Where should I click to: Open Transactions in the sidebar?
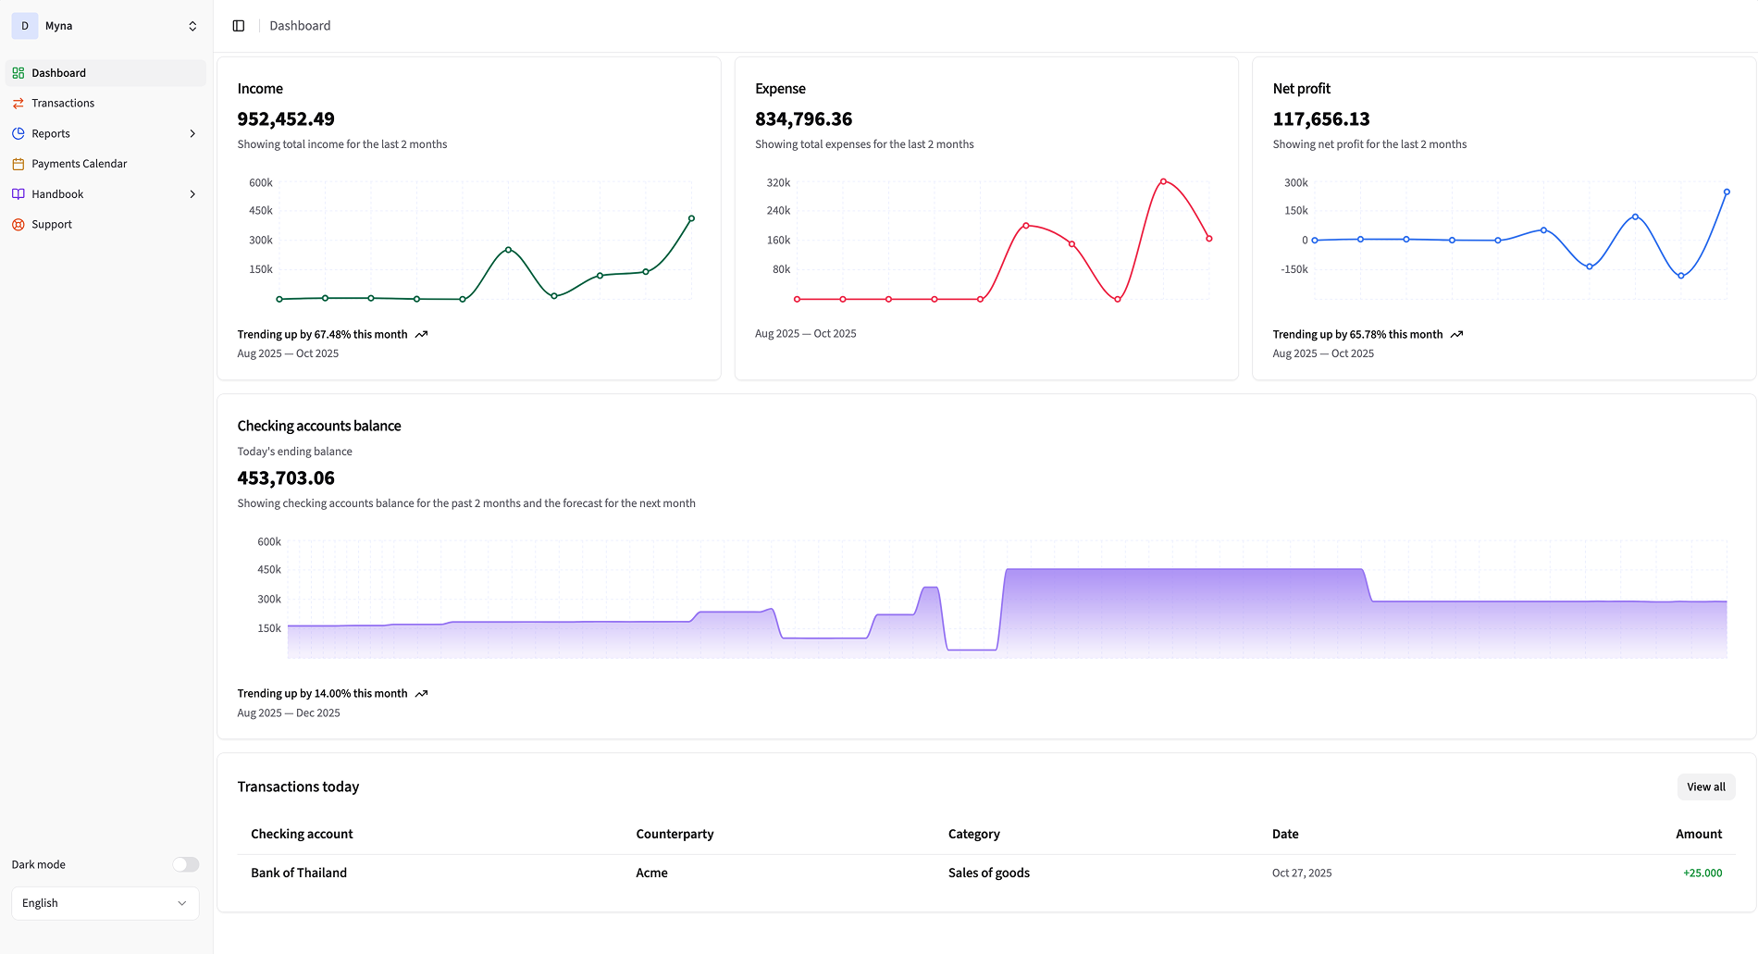63,103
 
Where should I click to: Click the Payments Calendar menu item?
79,164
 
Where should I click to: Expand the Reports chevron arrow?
192,133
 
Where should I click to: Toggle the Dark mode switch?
185,864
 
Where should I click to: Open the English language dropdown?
105,903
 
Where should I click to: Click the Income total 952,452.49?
286,119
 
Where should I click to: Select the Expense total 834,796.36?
803,119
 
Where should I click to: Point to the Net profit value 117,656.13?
1320,119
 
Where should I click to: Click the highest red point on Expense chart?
1163,181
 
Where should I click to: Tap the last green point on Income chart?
691,218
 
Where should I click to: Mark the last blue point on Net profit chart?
1727,192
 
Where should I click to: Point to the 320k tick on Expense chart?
778,183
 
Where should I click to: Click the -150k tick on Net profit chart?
1294,269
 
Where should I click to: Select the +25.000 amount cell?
1702,873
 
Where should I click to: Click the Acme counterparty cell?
651,873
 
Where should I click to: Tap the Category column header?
973,834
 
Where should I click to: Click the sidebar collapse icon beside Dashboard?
239,26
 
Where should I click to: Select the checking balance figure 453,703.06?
286,478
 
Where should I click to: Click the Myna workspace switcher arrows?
192,26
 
